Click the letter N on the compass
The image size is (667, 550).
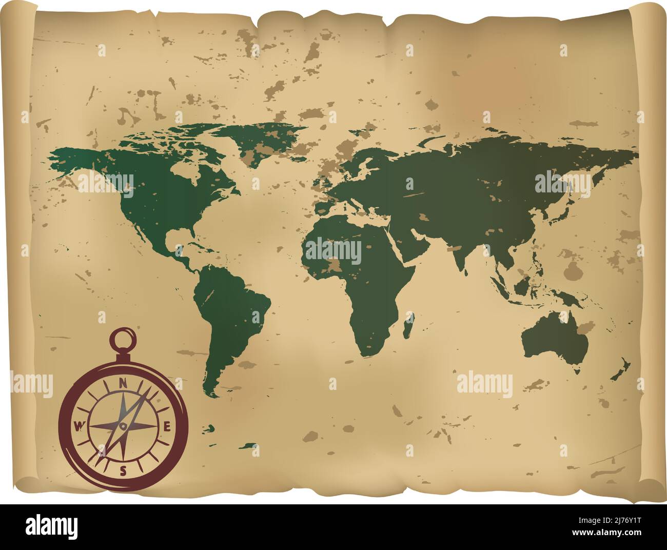(x=123, y=382)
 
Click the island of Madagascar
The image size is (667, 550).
(x=408, y=324)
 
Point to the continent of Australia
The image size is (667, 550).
(x=554, y=344)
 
